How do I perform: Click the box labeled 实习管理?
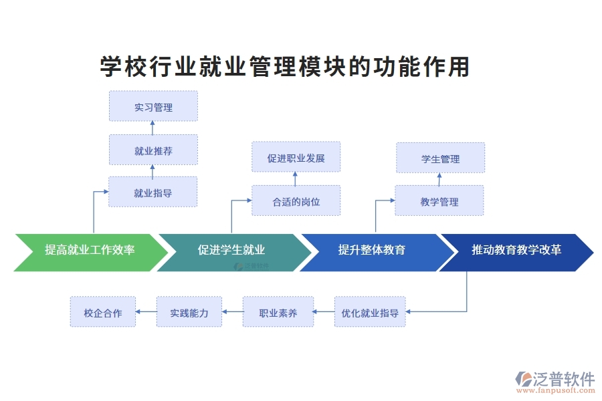(153, 106)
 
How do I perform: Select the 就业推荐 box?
(153, 150)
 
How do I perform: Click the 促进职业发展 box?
(296, 158)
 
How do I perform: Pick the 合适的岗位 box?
(296, 200)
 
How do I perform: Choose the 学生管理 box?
(440, 158)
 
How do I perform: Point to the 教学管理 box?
(439, 200)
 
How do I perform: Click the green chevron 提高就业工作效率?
(90, 252)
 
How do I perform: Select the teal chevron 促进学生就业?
(231, 252)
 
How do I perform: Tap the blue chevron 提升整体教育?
(371, 252)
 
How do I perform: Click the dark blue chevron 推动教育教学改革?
(516, 252)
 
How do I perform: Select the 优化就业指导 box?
(370, 311)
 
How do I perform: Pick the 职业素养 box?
(278, 311)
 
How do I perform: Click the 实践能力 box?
(189, 311)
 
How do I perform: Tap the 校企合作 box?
(102, 311)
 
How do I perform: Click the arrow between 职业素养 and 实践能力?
(232, 311)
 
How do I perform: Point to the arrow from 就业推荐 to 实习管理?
(153, 128)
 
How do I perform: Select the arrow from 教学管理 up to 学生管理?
(439, 179)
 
